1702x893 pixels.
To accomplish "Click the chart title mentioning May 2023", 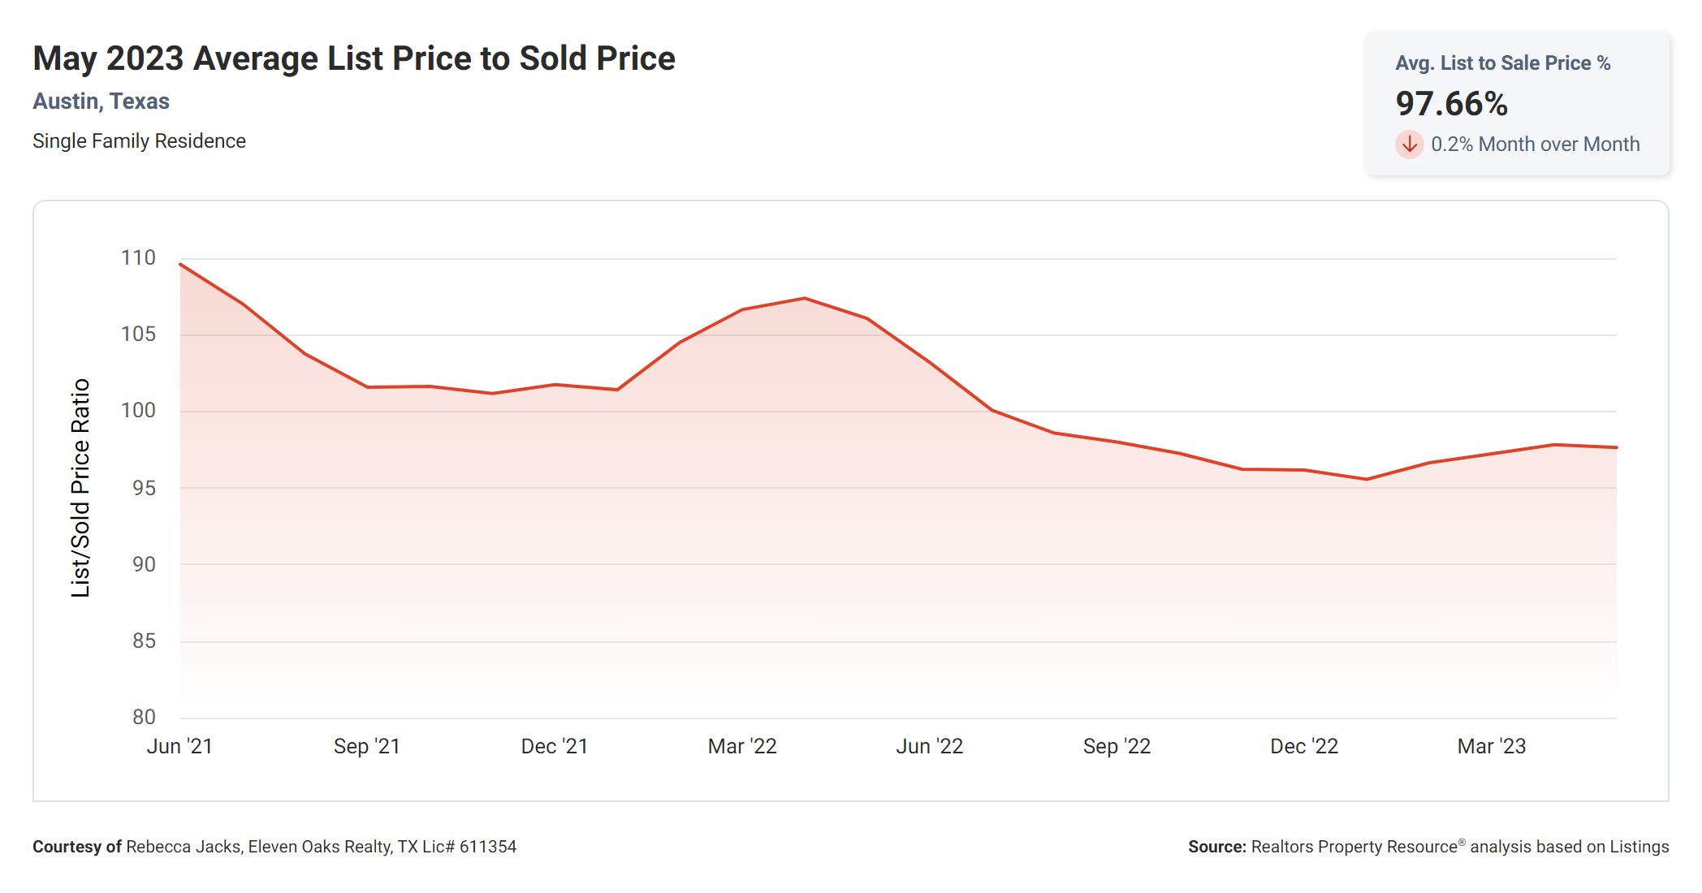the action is click(x=354, y=58).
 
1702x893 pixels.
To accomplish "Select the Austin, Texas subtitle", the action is click(x=102, y=101).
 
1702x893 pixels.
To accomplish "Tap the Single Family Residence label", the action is click(x=139, y=141).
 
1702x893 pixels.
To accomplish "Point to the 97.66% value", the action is click(x=1452, y=104).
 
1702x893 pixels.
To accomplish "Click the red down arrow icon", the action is click(x=1410, y=145).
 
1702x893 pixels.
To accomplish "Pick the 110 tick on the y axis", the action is click(x=138, y=258).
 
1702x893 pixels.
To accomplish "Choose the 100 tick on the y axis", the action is click(x=138, y=411).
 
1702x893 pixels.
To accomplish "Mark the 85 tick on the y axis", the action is click(x=144, y=641).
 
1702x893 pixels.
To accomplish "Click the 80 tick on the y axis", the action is click(x=144, y=718).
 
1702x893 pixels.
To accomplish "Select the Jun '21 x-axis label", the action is click(x=179, y=747).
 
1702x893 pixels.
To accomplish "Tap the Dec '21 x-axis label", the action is click(x=555, y=747).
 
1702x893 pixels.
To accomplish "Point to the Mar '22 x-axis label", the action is click(x=742, y=747).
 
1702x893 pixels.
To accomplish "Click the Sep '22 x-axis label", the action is click(x=1117, y=747).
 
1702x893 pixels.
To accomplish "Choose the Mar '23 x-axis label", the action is click(x=1492, y=747).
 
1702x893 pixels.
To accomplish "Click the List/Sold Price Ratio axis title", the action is click(x=80, y=488).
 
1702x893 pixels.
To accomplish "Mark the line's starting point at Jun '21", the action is click(x=180, y=265).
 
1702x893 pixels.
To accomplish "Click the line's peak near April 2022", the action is click(x=805, y=298).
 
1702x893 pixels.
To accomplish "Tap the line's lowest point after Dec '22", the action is click(x=1367, y=479).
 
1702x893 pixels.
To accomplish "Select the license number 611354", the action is click(x=488, y=847).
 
